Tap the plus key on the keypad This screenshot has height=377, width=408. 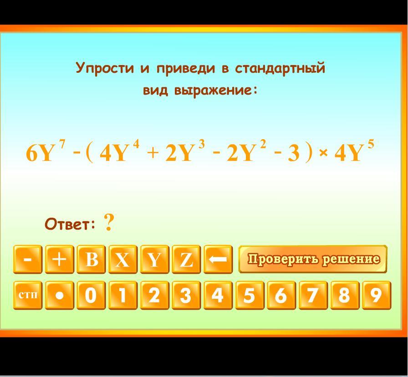[59, 259]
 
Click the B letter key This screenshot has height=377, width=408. [91, 259]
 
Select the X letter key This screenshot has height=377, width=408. [123, 259]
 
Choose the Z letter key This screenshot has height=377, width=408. [186, 259]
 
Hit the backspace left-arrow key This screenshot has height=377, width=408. [218, 259]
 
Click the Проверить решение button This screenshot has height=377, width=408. [313, 259]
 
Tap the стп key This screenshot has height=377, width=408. [28, 295]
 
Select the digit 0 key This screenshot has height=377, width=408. [91, 295]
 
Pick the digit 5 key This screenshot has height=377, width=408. [250, 295]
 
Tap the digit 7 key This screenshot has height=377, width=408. [313, 295]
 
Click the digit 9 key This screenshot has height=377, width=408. [377, 295]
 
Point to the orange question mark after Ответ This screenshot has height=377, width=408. [109, 223]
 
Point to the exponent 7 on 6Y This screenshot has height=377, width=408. [62, 144]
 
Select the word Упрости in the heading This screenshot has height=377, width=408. [105, 68]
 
